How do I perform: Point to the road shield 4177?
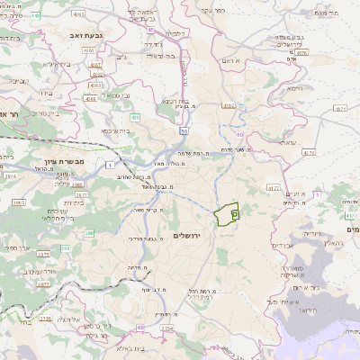(x=274, y=187)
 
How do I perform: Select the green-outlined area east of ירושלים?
(x=226, y=214)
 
